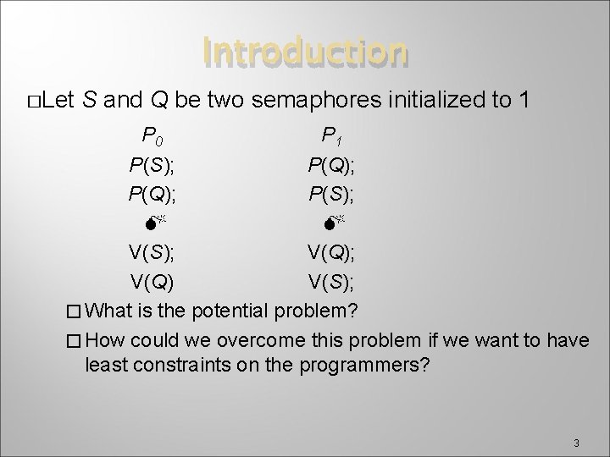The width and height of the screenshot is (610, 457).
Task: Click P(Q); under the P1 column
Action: coord(333,162)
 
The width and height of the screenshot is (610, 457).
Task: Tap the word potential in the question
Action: coord(231,310)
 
